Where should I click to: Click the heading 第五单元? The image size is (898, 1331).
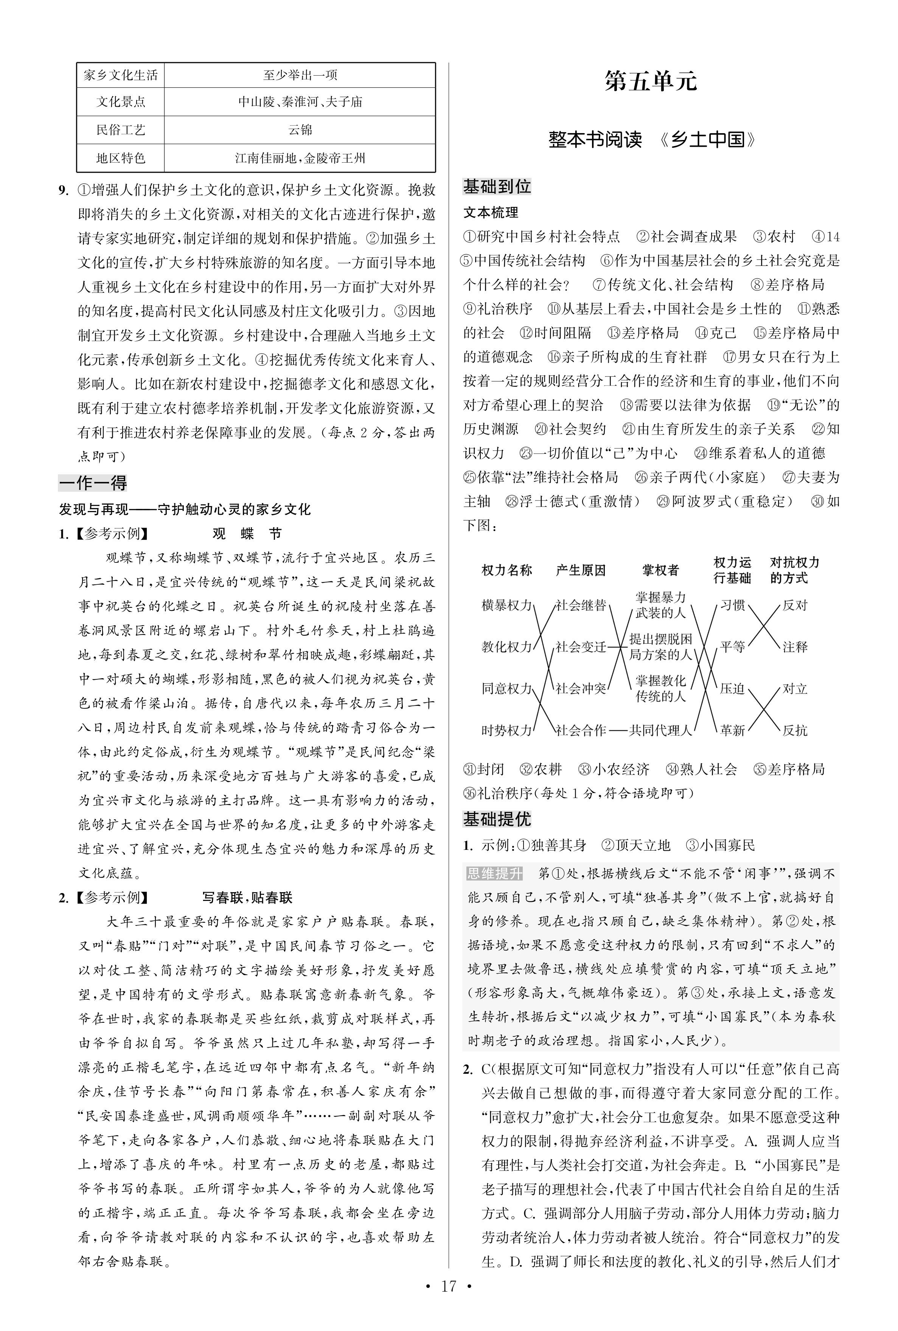click(651, 82)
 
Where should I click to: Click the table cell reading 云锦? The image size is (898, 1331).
click(300, 130)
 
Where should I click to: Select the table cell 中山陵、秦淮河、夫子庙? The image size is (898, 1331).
click(300, 102)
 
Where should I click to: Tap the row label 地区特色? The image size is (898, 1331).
click(120, 158)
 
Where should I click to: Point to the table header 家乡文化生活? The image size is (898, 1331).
click(120, 75)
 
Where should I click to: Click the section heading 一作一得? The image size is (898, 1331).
click(93, 483)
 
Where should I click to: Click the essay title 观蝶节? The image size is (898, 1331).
click(247, 534)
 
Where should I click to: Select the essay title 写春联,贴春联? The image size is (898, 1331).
click(247, 898)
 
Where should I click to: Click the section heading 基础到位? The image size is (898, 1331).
click(497, 186)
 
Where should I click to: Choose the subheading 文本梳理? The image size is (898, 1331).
click(491, 213)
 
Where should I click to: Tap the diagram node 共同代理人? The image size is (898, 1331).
click(660, 730)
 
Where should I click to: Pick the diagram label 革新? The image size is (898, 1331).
click(732, 730)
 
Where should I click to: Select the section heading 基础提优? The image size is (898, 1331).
click(497, 820)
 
